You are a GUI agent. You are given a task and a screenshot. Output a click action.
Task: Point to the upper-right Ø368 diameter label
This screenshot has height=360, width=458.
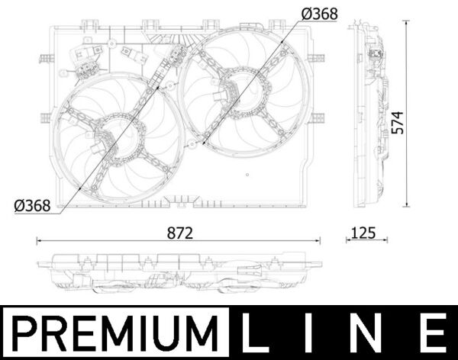pyautogui.click(x=319, y=14)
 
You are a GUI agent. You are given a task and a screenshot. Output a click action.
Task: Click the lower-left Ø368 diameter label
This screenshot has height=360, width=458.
pyautogui.click(x=32, y=205)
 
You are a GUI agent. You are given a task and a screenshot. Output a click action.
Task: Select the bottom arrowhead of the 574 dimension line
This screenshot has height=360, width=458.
pyautogui.click(x=408, y=205)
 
